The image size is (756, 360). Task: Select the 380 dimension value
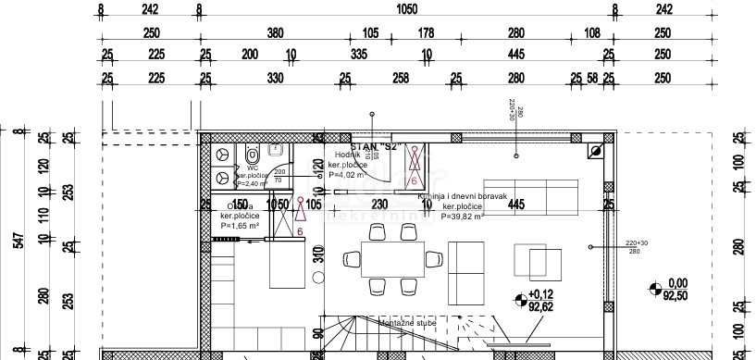275,33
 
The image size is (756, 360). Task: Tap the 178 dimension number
426,33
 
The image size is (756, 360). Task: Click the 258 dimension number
401,78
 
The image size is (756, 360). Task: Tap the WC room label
253,168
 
